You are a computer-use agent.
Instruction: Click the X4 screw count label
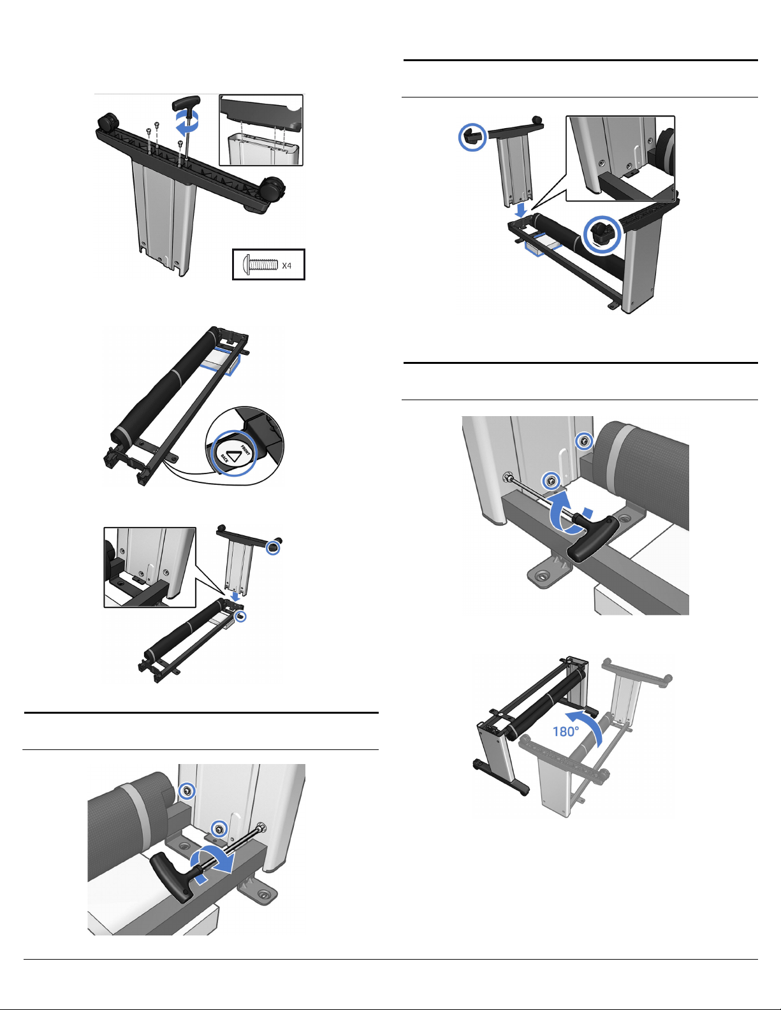tap(286, 265)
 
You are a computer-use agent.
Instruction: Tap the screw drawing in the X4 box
tap(260, 265)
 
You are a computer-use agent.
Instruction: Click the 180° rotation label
tap(566, 732)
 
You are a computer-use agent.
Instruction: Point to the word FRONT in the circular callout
tap(245, 449)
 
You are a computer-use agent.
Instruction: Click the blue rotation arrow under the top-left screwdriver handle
tap(187, 121)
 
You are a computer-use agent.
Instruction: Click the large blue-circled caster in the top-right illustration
tap(602, 234)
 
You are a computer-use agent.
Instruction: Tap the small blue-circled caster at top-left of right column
tap(472, 136)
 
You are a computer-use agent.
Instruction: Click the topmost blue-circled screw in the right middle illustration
tap(584, 440)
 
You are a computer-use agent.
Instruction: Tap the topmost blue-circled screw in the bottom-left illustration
tap(187, 791)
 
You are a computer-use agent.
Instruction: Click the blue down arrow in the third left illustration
tap(237, 595)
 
